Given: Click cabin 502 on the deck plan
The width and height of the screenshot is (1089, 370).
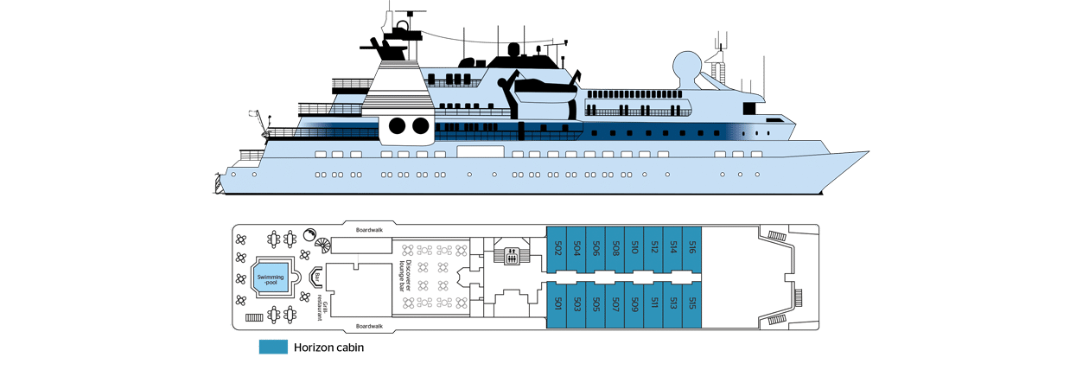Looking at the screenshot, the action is pyautogui.click(x=557, y=248).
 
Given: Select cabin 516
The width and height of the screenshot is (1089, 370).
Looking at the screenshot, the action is pyautogui.click(x=691, y=248).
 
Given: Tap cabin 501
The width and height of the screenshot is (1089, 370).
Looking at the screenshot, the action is pyautogui.click(x=557, y=304).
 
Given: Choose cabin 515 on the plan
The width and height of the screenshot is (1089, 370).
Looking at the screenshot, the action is pyautogui.click(x=691, y=304).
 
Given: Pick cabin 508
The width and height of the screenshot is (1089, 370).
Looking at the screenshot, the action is pyautogui.click(x=615, y=248).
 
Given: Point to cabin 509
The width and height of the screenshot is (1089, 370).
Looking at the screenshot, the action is pyautogui.click(x=634, y=304).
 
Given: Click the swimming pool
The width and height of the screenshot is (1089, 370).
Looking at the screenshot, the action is pyautogui.click(x=271, y=279).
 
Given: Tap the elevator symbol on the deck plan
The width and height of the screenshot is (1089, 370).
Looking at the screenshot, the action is pyautogui.click(x=511, y=256).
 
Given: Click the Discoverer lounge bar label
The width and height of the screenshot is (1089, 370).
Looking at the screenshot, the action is pyautogui.click(x=405, y=276).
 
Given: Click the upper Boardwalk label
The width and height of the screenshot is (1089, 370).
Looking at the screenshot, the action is pyautogui.click(x=369, y=230).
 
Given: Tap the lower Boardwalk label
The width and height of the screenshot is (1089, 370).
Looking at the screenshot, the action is pyautogui.click(x=369, y=326).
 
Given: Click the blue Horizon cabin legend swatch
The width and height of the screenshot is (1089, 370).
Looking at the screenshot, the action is pyautogui.click(x=273, y=348).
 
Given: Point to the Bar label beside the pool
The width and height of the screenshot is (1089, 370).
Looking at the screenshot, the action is pyautogui.click(x=317, y=277).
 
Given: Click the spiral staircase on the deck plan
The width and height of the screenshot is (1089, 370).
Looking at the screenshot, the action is pyautogui.click(x=323, y=246).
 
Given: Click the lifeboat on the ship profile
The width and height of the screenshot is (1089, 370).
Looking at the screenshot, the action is pyautogui.click(x=545, y=91).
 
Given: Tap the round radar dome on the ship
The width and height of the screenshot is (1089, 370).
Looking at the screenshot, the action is pyautogui.click(x=686, y=66).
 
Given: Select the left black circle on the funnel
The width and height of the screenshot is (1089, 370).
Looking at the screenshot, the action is pyautogui.click(x=398, y=126).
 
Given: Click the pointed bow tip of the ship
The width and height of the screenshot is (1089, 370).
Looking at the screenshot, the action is pyautogui.click(x=869, y=152).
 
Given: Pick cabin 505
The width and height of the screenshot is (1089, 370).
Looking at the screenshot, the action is pyautogui.click(x=595, y=304).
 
